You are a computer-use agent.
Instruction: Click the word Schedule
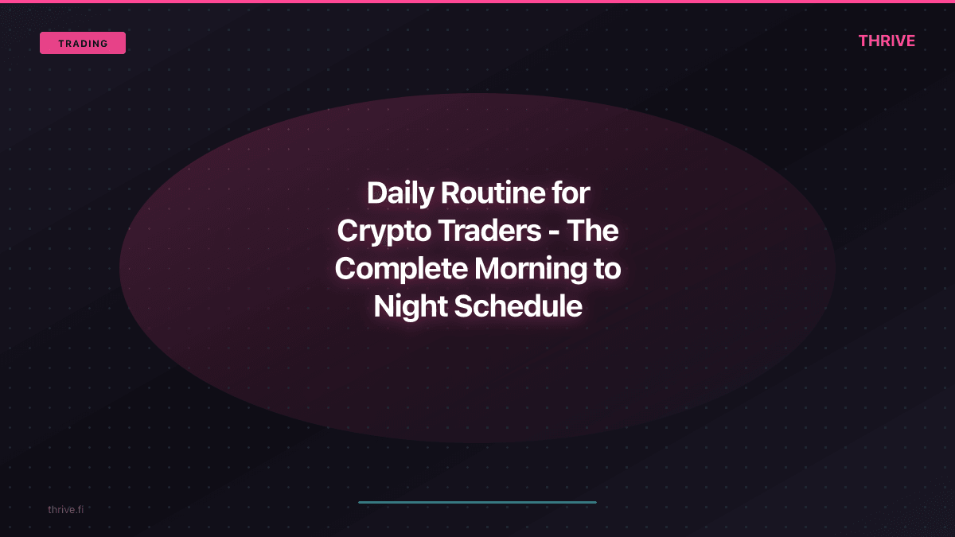pos(518,306)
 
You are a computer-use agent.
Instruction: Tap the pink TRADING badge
pos(83,43)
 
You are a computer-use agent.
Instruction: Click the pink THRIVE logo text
pos(887,41)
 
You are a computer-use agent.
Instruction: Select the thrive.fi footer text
pos(65,509)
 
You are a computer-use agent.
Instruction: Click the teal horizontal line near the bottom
pos(477,502)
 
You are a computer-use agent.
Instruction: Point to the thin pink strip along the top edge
pos(477,2)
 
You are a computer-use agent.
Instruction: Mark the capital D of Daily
pos(376,193)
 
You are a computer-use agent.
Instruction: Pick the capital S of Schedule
pos(462,306)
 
